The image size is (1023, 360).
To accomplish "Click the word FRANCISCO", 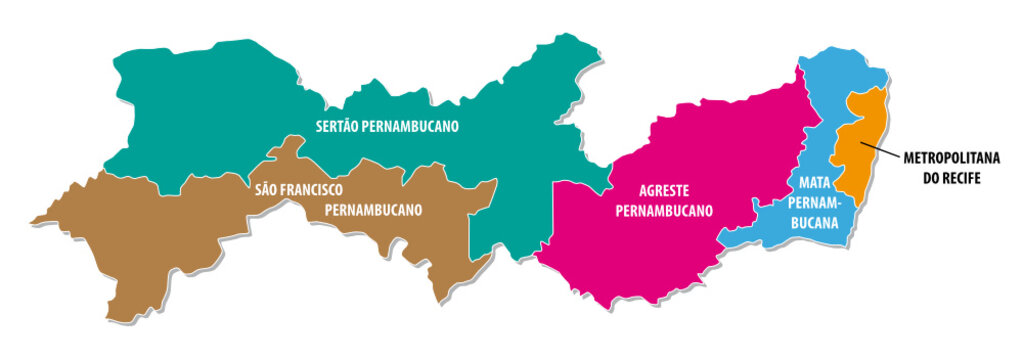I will pos(313,189).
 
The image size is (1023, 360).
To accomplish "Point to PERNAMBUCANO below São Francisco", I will pos(373,210).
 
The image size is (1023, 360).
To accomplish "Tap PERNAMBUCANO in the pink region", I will pos(663,211).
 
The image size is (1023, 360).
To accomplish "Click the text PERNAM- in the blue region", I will pos(816,203).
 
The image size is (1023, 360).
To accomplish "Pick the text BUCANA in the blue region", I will pos(816,223).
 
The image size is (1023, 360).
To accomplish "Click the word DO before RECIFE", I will pos(931,178).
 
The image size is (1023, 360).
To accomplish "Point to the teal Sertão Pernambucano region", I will pos(200,110).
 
